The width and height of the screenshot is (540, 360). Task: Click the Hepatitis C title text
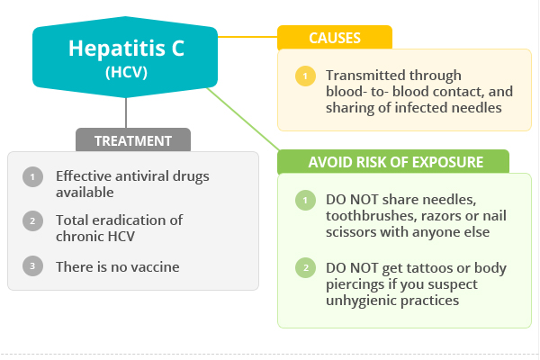coord(126,49)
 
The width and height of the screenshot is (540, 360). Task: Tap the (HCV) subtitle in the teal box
coord(126,72)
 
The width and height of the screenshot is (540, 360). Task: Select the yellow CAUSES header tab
coord(335,37)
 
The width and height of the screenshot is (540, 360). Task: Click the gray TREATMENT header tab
coord(133,139)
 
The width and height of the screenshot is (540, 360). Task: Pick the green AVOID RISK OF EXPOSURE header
coord(393,162)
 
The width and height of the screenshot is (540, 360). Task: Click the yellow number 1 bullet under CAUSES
coord(305,76)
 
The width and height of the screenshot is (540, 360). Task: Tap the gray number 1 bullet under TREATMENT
coord(32,176)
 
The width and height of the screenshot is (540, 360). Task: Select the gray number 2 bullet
coord(32,220)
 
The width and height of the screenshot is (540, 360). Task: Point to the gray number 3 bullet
coord(32,266)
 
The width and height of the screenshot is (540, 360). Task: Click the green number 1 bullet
coord(305,200)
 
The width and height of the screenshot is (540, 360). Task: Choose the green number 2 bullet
coord(305,267)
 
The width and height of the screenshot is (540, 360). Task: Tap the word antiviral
coord(142,176)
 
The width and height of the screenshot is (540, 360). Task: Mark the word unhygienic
coord(361,301)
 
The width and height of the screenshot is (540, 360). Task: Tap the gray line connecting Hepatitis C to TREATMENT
coord(126,112)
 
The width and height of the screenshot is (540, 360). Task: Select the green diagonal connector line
coord(243,119)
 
